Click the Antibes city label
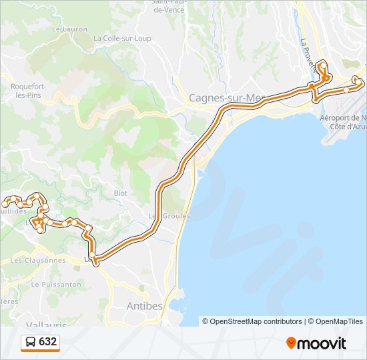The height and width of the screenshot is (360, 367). point(144,306)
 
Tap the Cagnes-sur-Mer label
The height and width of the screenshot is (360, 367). point(226,98)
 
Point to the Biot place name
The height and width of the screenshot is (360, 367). point(120,193)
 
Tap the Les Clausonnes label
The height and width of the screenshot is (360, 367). point(38,260)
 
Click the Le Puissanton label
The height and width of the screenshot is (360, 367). point(57,284)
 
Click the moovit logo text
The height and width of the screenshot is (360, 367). point(321,343)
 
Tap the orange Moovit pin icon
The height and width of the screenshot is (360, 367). point(291,343)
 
